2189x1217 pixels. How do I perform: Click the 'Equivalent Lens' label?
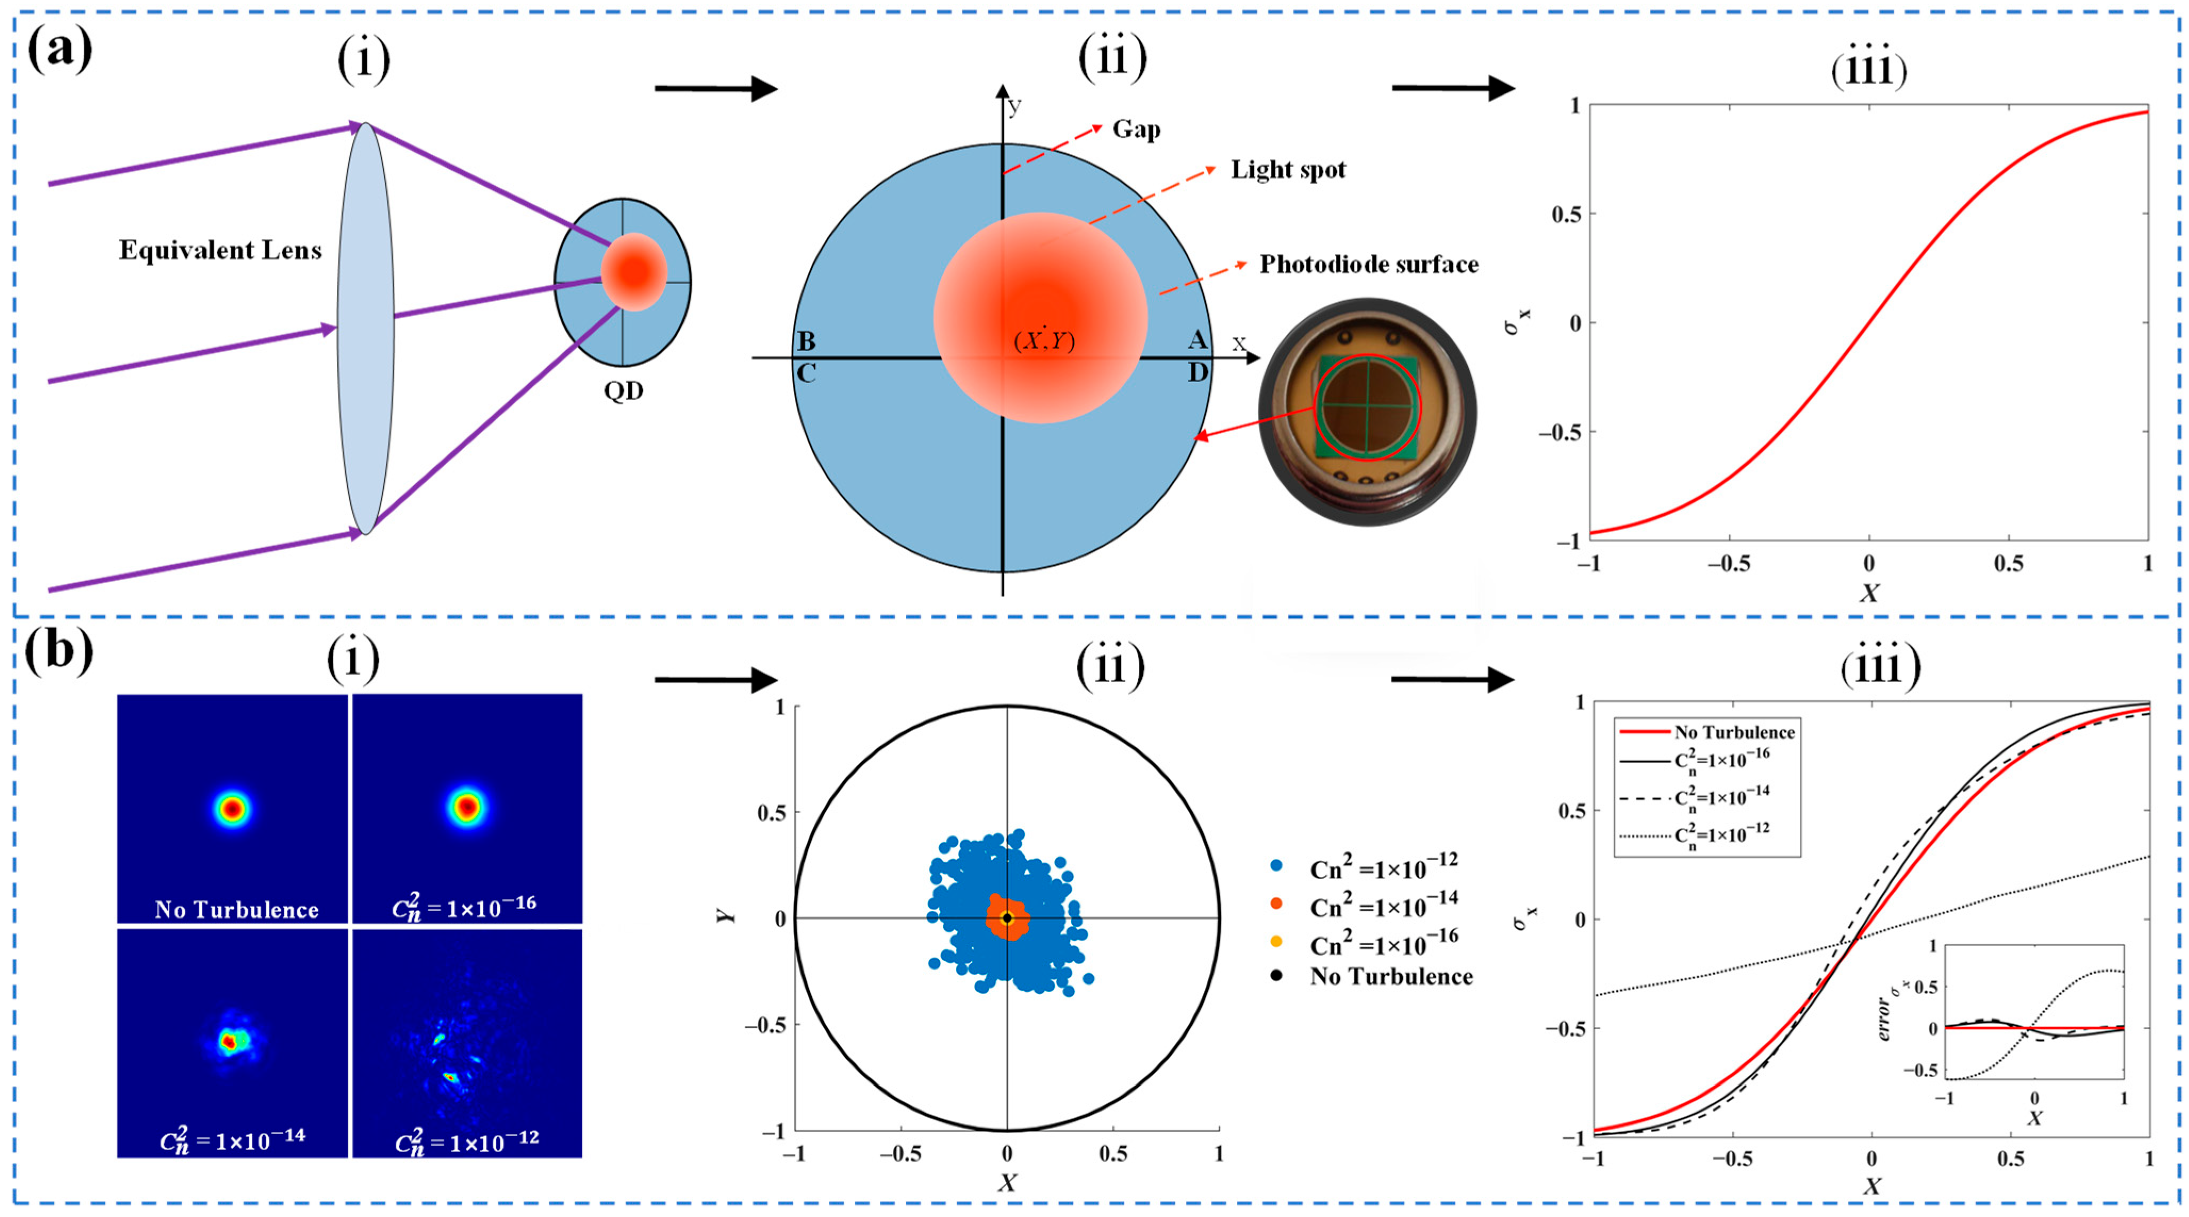220,250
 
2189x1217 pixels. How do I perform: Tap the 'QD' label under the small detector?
624,391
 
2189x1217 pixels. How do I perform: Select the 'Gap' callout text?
1136,129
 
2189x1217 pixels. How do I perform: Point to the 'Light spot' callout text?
1288,170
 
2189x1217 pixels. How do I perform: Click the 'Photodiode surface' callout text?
1368,264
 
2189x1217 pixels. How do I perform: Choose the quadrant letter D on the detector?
1197,372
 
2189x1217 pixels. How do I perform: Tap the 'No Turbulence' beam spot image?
233,807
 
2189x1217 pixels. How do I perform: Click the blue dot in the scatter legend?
1276,866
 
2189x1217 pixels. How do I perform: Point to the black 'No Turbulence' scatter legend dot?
1276,975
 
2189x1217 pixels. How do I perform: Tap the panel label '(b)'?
59,653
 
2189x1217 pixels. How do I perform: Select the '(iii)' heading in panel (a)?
1869,68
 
